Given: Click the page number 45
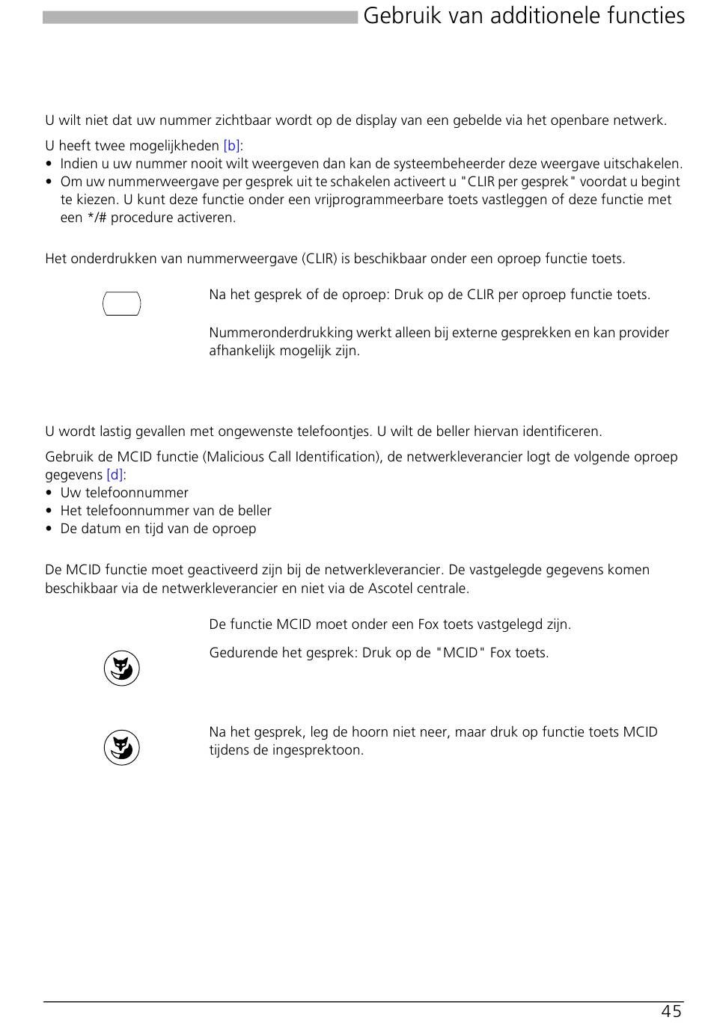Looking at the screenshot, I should (x=671, y=1012).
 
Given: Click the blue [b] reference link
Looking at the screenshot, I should (x=231, y=146).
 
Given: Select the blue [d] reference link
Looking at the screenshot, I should (x=115, y=475).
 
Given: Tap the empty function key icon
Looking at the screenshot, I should (x=121, y=304).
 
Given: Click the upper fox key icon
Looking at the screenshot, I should (x=122, y=669).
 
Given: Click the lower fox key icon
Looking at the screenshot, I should (x=122, y=748).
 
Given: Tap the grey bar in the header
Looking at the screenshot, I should (x=200, y=17).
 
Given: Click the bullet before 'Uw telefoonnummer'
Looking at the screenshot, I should (x=49, y=494).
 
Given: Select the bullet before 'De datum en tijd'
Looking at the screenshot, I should (x=49, y=529).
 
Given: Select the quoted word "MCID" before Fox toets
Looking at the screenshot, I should (x=460, y=653).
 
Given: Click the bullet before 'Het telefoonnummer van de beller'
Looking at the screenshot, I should (x=49, y=512).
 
